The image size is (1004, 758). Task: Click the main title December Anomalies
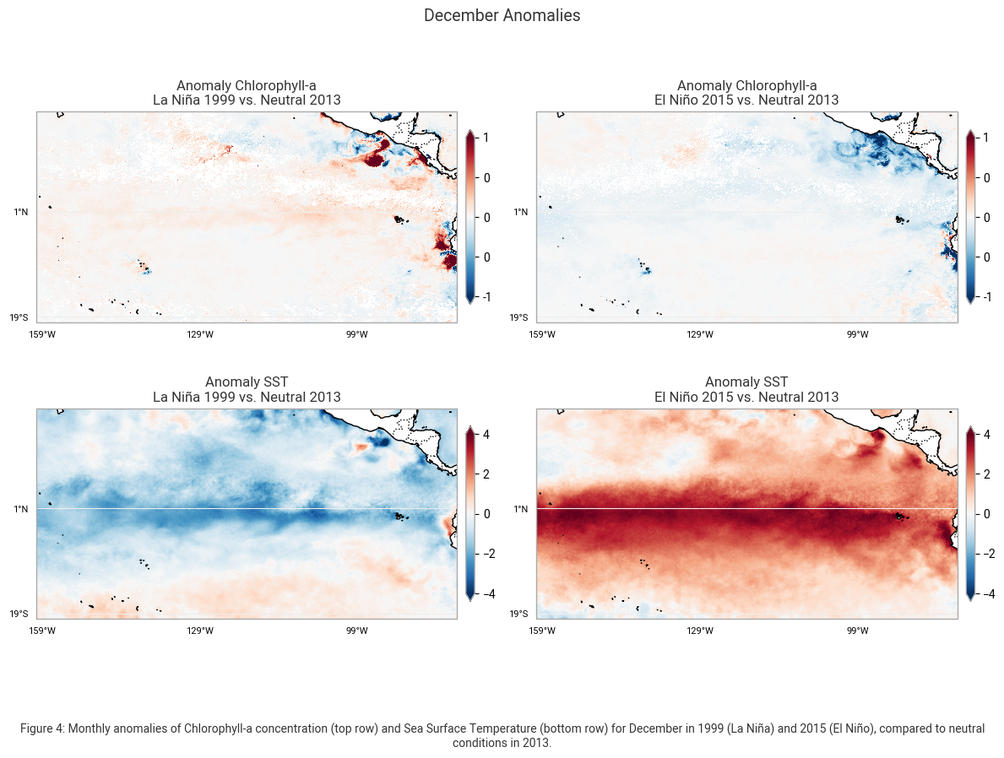point(502,16)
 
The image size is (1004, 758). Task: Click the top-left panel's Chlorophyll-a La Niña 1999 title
point(247,93)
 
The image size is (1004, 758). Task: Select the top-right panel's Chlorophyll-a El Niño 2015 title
point(746,93)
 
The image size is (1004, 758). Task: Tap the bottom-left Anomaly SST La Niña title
point(247,390)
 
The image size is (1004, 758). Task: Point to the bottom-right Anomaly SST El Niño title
point(746,390)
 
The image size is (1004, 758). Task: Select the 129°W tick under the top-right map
point(700,334)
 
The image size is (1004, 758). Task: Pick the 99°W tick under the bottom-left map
point(356,631)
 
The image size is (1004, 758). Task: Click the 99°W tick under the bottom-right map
point(857,631)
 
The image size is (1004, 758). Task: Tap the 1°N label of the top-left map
point(21,212)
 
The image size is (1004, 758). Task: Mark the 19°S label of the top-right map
point(519,317)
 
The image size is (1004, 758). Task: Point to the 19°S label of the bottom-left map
point(19,614)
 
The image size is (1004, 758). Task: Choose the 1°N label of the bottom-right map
point(522,509)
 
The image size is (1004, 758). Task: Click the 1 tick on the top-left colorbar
point(487,138)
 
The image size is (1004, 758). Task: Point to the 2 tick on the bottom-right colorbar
point(987,474)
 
